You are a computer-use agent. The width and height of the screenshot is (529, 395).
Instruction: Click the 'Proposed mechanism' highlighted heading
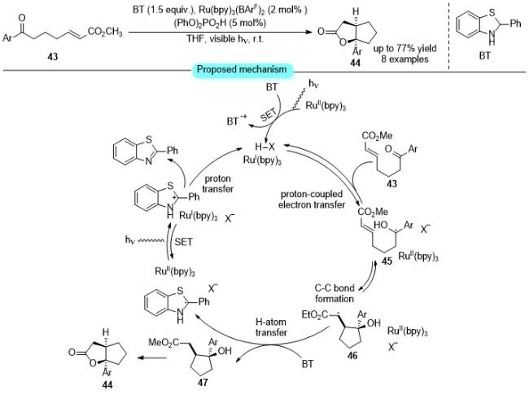tap(242, 69)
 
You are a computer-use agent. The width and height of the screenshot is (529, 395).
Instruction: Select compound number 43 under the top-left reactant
tap(52, 56)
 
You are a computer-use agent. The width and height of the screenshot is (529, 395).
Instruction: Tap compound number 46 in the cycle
tap(352, 355)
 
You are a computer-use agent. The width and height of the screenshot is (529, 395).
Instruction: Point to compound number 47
tap(203, 382)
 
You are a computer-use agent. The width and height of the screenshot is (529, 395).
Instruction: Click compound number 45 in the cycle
tap(387, 261)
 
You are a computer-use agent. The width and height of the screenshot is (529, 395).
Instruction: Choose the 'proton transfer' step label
tap(217, 184)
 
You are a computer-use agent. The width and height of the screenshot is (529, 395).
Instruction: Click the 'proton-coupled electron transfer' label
tap(312, 200)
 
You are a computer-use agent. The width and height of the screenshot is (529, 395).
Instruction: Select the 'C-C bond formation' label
tap(334, 293)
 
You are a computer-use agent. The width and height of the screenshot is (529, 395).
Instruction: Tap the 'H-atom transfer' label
tap(271, 327)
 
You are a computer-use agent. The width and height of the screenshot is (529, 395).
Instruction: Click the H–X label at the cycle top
tap(265, 147)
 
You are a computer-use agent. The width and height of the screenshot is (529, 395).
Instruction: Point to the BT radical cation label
tap(237, 120)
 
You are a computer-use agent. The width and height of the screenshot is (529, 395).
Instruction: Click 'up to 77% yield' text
tap(404, 49)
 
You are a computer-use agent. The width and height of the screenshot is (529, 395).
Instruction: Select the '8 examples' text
tap(404, 59)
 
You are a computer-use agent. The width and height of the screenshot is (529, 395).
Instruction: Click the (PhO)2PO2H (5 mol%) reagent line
tap(220, 23)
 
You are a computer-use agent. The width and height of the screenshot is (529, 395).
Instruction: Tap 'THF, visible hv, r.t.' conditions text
tap(225, 39)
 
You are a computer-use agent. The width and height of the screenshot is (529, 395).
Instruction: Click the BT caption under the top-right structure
tap(484, 55)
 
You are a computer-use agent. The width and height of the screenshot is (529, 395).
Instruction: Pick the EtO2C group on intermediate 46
tap(314, 315)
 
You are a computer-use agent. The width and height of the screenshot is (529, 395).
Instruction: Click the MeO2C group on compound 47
tap(163, 343)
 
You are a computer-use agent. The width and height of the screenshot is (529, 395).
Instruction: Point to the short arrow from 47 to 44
tap(152, 358)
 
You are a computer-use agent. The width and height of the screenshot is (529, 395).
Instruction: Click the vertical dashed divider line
tap(448, 35)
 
